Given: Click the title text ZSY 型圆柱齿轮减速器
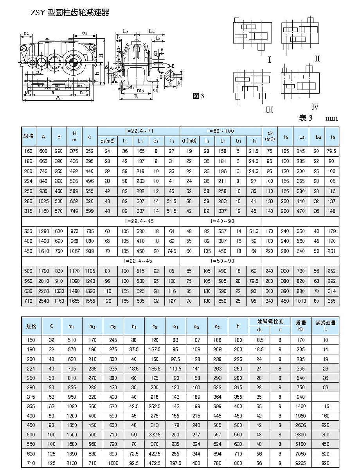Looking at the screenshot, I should pyautogui.click(x=70, y=13).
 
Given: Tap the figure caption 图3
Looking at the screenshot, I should pyautogui.click(x=199, y=96).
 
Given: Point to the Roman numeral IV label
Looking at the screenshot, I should pyautogui.click(x=315, y=107).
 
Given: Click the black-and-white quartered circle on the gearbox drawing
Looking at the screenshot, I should pyautogui.click(x=73, y=62).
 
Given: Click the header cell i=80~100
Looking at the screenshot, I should pyautogui.click(x=220, y=131).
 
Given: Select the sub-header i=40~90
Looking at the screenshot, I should pyautogui.click(x=220, y=221).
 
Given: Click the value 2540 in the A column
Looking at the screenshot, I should pyautogui.click(x=43, y=301).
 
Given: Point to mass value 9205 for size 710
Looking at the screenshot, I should pyautogui.click(x=301, y=463).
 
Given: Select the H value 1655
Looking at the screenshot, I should pyautogui.click(x=74, y=301).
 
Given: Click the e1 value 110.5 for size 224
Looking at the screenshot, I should pyautogui.click(x=175, y=368).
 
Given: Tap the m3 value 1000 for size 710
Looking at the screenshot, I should pyautogui.click(x=113, y=463).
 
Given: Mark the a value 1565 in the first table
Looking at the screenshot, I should pyautogui.click(x=90, y=301).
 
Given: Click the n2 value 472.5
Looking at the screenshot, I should pyautogui.click(x=154, y=463).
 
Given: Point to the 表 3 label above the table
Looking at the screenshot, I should pyautogui.click(x=307, y=118).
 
